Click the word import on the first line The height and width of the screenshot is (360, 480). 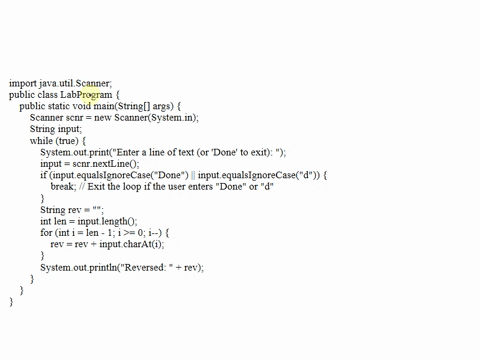click(21, 84)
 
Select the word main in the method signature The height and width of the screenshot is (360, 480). click(105, 106)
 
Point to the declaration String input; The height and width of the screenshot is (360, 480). click(56, 129)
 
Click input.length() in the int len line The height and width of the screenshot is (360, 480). click(107, 221)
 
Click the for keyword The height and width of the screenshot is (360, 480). click(46, 233)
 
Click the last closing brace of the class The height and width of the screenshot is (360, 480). click(11, 302)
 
